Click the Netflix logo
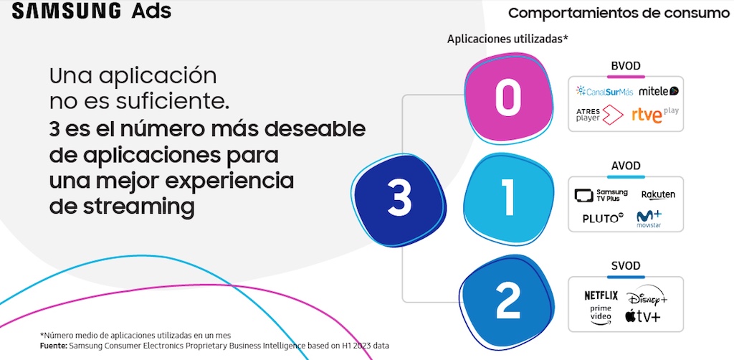[601, 295]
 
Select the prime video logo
[601, 315]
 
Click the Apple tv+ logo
[642, 316]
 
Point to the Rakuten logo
[658, 195]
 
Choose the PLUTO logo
[604, 218]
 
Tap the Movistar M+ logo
[649, 219]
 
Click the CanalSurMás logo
[604, 91]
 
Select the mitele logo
[659, 91]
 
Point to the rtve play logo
[655, 115]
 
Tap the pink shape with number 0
[507, 98]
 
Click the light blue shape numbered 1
[508, 198]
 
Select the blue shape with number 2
[507, 303]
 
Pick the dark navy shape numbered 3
[399, 198]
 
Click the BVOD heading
[626, 66]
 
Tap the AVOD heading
[626, 166]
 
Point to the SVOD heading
[626, 266]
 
